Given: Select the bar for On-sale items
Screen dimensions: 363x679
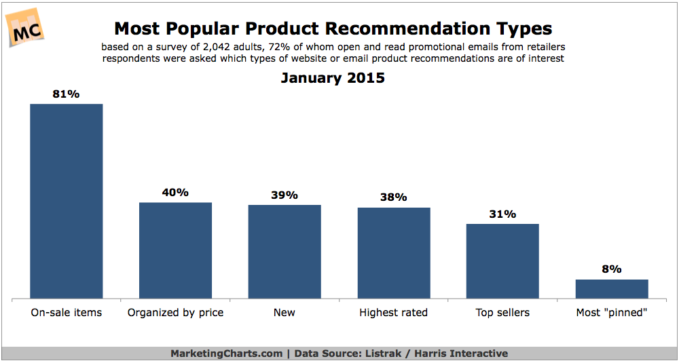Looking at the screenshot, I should tap(67, 201).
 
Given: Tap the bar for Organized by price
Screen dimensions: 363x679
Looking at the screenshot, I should tap(175, 250).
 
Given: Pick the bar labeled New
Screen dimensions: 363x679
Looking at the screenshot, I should tap(285, 252).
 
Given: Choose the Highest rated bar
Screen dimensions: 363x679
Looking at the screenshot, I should tap(394, 253).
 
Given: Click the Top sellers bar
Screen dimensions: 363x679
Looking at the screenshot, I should tap(502, 261).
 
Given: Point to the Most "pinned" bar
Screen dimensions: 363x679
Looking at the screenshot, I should tap(612, 289).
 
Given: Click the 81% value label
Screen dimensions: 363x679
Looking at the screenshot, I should tap(67, 94).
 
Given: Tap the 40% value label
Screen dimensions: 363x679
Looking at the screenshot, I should tap(175, 193).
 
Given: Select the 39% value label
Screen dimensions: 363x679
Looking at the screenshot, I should tap(285, 195).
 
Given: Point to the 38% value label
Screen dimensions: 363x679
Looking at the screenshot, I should tap(394, 197).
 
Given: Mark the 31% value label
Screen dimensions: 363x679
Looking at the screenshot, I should tap(502, 214).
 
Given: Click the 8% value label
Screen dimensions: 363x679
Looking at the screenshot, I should tap(612, 269).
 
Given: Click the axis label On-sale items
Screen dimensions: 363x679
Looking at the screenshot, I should tap(67, 313).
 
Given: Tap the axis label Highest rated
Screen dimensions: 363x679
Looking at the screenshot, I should tap(394, 313).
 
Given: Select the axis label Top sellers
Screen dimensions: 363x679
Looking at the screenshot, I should tap(502, 313).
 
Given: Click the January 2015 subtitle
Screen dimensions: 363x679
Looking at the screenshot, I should tap(333, 78).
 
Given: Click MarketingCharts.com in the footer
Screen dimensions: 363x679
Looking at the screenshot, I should tap(225, 354).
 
